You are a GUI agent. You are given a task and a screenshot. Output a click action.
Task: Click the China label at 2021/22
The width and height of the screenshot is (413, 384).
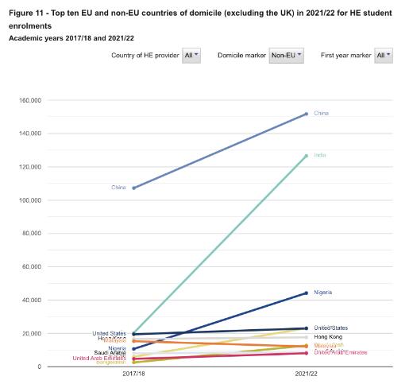pos(321,114)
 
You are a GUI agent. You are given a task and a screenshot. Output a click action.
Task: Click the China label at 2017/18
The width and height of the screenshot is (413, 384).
pos(118,188)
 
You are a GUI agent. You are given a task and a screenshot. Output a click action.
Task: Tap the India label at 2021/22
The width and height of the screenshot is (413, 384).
pos(320,155)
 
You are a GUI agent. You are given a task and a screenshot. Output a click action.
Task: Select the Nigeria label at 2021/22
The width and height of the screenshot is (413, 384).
pos(322,293)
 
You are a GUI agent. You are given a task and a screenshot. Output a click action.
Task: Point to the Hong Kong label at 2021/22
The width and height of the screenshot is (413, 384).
pos(327,337)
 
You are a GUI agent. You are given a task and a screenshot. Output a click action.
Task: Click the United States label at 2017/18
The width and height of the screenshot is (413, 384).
pos(109,333)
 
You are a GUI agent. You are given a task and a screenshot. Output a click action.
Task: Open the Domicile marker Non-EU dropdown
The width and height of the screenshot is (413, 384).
pos(286,55)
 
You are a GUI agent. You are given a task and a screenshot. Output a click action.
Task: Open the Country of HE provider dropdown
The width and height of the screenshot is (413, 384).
pos(191,55)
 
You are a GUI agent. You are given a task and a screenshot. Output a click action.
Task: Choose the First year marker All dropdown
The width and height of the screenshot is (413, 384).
pos(383,55)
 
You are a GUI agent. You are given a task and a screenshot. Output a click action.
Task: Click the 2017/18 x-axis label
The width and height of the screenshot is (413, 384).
pos(133,374)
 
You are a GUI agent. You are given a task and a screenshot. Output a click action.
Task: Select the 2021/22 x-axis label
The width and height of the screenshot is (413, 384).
pos(307,374)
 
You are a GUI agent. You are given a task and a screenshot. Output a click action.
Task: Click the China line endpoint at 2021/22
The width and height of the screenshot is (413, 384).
pos(307,114)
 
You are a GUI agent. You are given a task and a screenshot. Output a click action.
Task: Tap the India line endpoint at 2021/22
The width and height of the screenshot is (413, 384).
pos(307,156)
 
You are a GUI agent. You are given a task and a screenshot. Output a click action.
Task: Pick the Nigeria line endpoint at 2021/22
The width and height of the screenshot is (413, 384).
pos(307,293)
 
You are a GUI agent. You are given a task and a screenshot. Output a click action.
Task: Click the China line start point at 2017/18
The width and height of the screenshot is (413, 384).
pos(133,188)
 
